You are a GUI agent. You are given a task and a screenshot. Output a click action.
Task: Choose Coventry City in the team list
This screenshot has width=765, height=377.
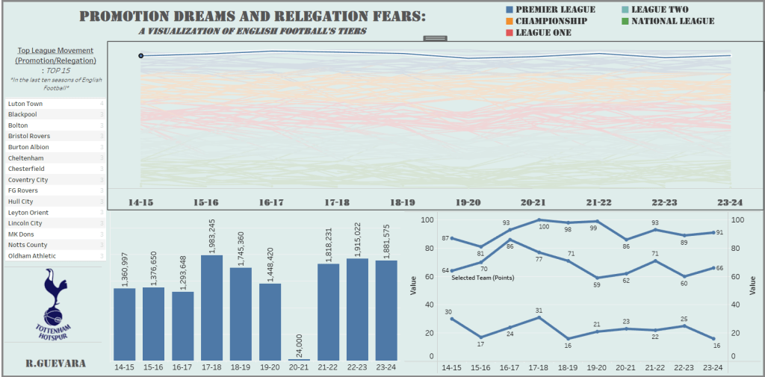[x=28, y=180]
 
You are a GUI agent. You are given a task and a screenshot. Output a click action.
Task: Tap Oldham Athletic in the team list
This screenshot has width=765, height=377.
[x=32, y=255]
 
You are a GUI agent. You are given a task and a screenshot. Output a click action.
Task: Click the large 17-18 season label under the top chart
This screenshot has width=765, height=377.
[x=336, y=202]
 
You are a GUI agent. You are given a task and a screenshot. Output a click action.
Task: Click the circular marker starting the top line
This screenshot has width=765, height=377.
[x=140, y=55]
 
